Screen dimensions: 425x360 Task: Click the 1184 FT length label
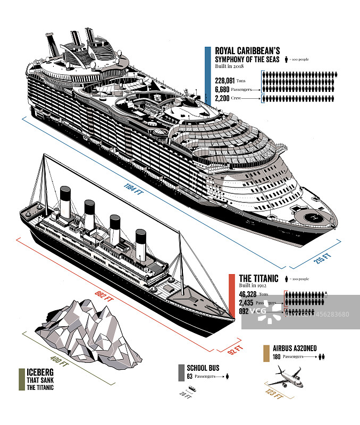click(134, 189)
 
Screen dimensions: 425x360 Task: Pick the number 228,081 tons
click(225, 80)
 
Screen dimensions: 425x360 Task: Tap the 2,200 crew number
click(222, 98)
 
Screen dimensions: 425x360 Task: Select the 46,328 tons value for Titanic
click(248, 294)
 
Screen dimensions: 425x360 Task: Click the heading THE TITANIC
click(258, 278)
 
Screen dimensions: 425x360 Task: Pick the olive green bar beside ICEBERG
click(21, 379)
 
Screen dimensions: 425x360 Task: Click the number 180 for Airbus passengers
click(277, 356)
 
